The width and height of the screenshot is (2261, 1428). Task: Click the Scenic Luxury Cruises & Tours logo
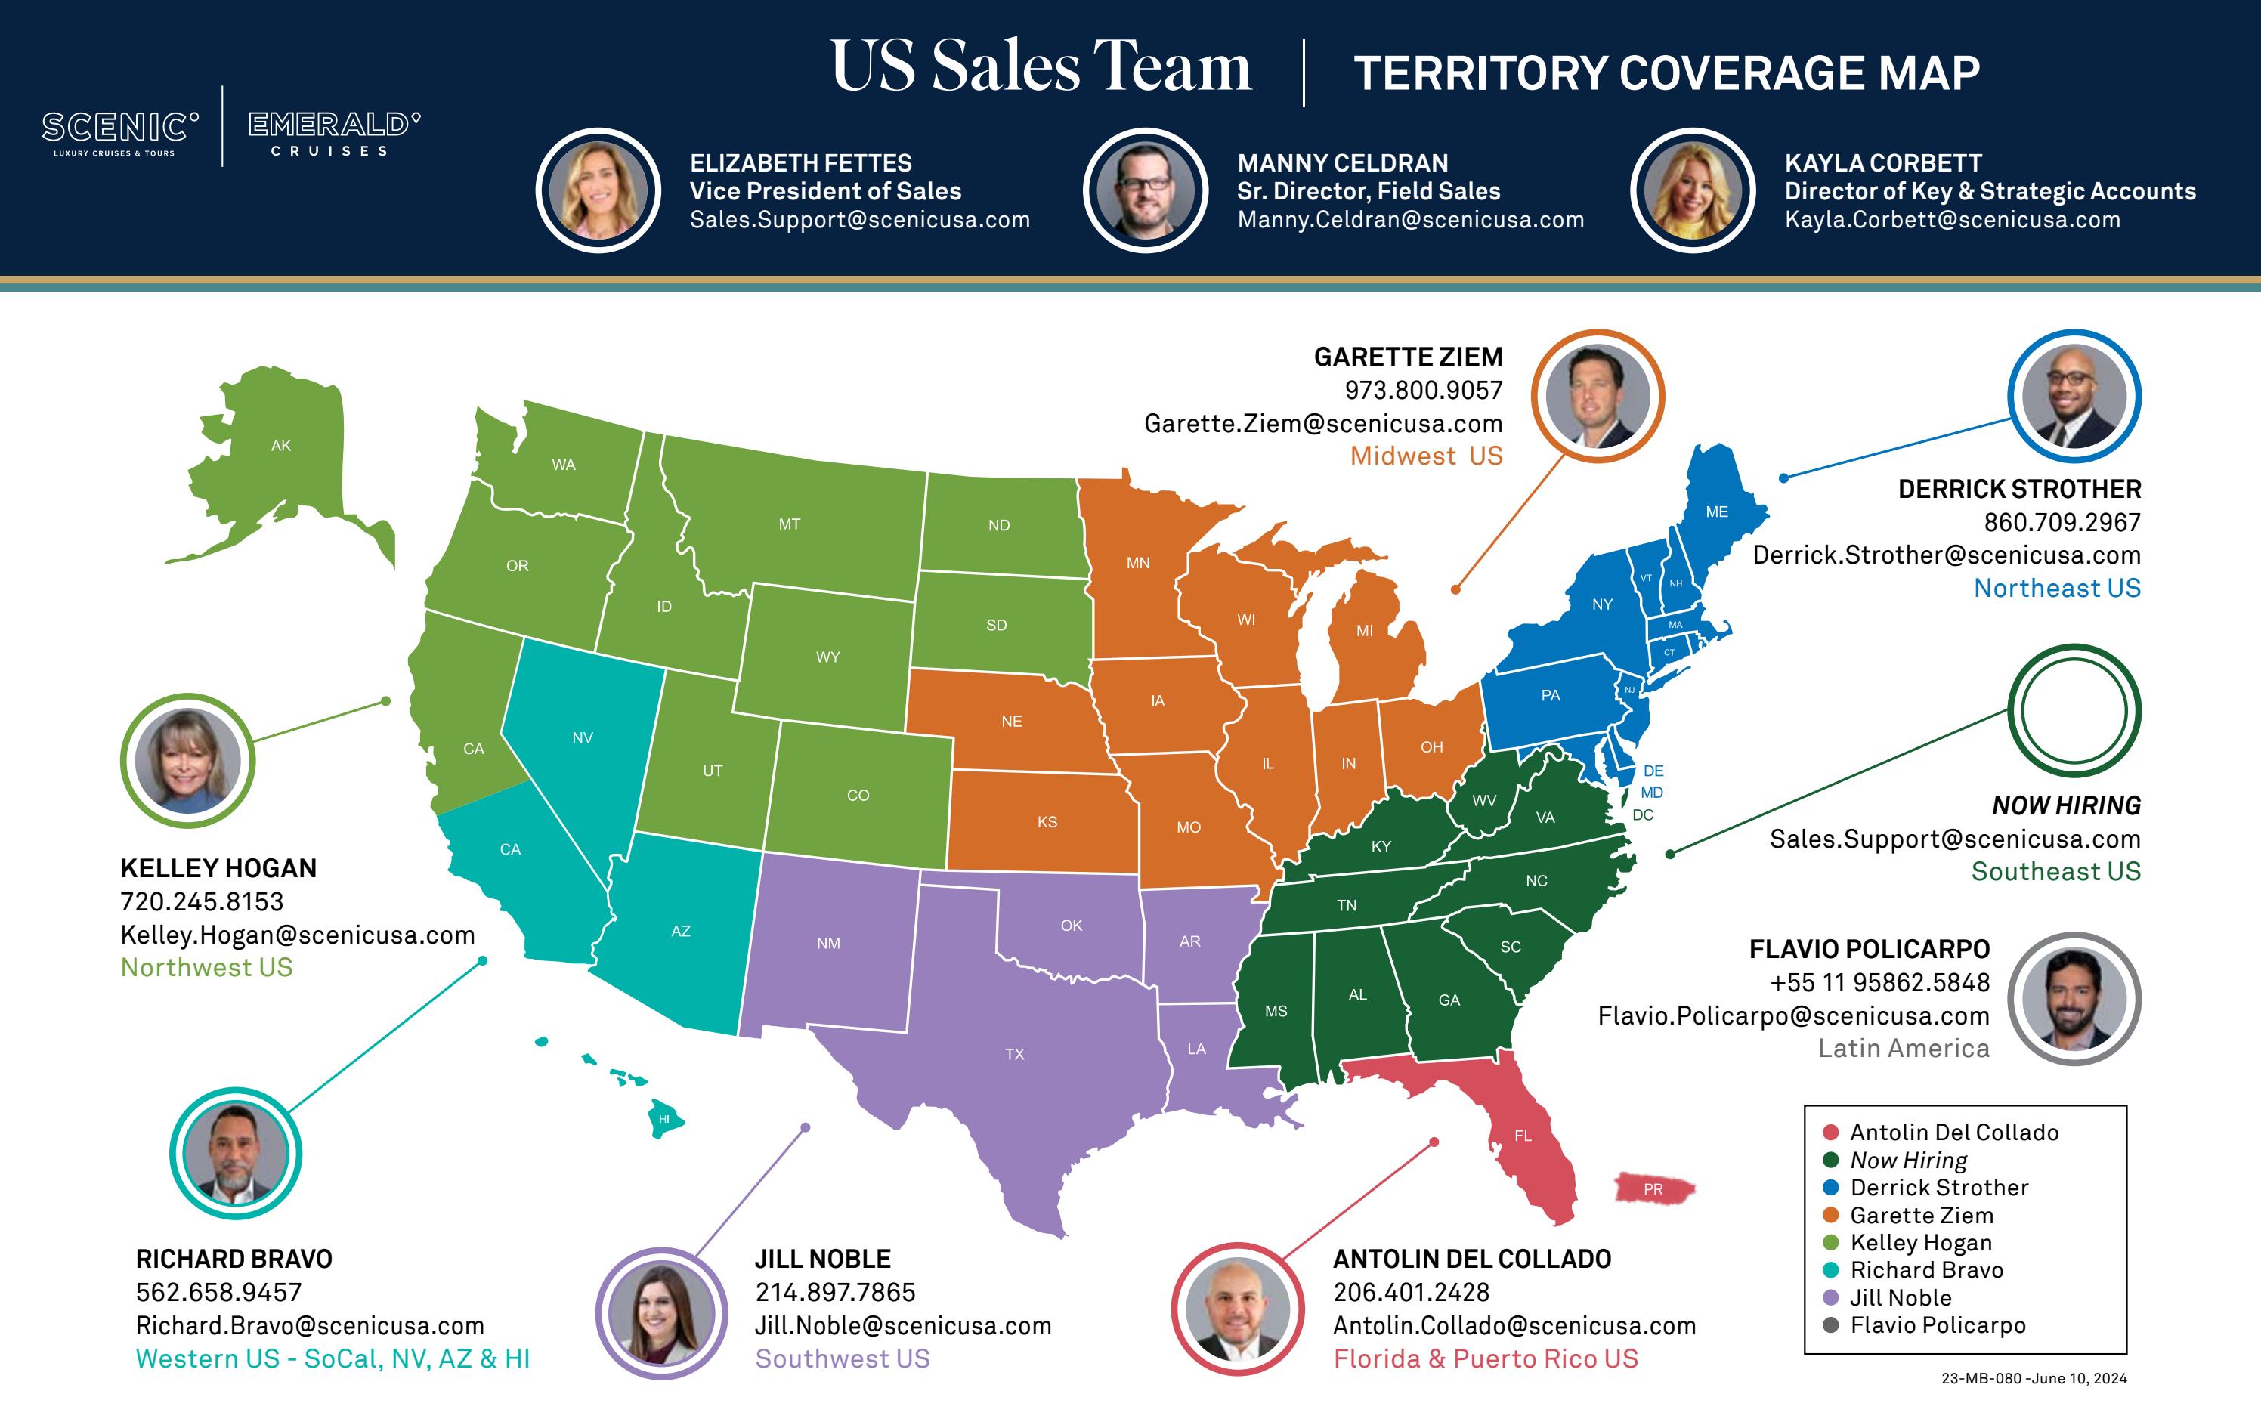(119, 131)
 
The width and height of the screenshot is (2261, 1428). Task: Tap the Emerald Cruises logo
(333, 132)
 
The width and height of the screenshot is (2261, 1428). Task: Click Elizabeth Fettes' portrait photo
(598, 190)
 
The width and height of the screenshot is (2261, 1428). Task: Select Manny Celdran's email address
(1410, 220)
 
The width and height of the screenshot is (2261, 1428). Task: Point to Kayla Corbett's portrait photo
(1692, 190)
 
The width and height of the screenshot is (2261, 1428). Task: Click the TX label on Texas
(1014, 1054)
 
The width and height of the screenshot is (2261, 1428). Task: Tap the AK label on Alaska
(281, 446)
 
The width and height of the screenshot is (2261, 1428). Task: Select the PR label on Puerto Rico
(1653, 1189)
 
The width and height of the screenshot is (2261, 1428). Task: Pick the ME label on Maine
(1716, 512)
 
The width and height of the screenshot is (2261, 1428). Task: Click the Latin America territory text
(1904, 1048)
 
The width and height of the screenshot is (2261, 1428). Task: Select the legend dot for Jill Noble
(1830, 1297)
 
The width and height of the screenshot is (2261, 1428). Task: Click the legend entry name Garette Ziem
(1921, 1215)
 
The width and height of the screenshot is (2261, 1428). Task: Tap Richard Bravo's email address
(310, 1326)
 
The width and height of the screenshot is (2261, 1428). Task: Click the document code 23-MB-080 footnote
(2034, 1378)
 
